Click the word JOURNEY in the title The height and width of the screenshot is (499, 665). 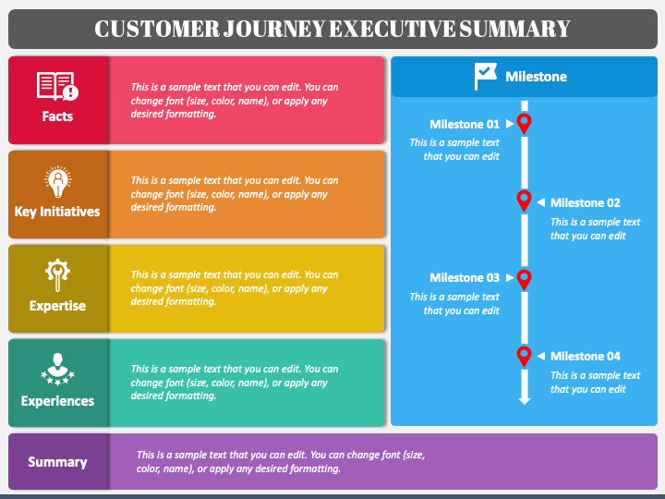point(275,29)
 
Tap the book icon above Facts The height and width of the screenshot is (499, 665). point(57,86)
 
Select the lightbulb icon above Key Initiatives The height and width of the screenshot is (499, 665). point(57,182)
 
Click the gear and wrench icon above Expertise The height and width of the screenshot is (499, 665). point(57,275)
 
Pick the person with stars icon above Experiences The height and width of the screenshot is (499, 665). point(57,369)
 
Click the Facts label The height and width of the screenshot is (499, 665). point(57,116)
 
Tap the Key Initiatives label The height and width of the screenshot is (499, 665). point(57,212)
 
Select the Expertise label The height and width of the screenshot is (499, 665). point(57,306)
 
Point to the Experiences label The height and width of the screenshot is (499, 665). point(57,401)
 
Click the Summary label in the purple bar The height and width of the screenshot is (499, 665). point(57,462)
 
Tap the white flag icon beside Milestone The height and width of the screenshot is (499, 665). point(486,77)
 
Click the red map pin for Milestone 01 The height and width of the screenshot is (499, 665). point(525,124)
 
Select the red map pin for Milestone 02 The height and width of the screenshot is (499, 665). point(525,201)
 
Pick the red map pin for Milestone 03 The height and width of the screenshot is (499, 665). point(525,280)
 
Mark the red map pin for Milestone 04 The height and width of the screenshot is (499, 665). point(525,357)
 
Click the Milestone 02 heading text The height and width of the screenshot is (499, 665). point(586,202)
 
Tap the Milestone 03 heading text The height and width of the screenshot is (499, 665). point(465,277)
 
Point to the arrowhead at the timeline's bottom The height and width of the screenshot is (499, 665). point(525,400)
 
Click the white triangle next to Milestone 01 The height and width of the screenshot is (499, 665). point(510,124)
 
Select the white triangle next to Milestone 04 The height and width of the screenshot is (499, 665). point(540,356)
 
